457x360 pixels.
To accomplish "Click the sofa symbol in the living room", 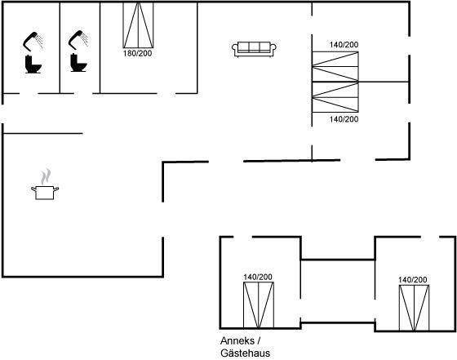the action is (x=254, y=49).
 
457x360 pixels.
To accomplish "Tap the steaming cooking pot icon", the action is (x=45, y=184).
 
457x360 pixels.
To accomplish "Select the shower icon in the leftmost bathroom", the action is (x=33, y=41).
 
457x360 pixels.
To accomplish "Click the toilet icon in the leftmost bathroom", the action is (x=33, y=64).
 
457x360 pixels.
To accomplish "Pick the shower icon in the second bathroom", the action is (x=78, y=40).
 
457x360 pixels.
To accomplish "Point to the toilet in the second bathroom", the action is (x=78, y=62).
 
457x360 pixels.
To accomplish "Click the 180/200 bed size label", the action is (x=138, y=53).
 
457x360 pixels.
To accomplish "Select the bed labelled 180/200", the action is (x=138, y=24).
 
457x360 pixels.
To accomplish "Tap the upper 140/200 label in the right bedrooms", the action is (x=344, y=45).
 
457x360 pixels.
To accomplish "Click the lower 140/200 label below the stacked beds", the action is (x=344, y=119).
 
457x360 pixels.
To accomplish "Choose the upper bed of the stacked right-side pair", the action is (x=335, y=67).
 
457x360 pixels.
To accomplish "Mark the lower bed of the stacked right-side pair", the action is (x=335, y=97).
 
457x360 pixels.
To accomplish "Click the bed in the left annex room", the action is (x=259, y=305).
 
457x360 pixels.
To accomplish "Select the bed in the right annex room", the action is (x=414, y=308).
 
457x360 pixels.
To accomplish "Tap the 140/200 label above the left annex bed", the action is (x=258, y=277).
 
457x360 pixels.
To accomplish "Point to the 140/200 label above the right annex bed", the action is (x=413, y=280).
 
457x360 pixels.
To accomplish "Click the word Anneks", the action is (x=237, y=340).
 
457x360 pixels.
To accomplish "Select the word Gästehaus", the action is (x=245, y=353).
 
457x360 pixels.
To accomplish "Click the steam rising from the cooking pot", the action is (x=46, y=176).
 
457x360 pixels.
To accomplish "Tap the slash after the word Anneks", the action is (x=258, y=340).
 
